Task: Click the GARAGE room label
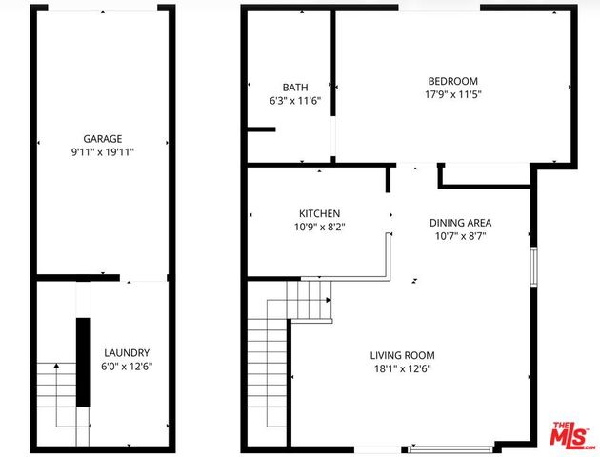(x=102, y=138)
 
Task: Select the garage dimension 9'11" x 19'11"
(x=102, y=151)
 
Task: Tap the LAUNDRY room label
(x=127, y=352)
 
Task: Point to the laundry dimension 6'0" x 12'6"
(x=127, y=366)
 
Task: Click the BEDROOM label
(x=452, y=81)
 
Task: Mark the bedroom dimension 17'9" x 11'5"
(x=452, y=94)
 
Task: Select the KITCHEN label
(x=319, y=213)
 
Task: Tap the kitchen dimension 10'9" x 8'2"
(x=319, y=227)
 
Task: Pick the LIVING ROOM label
(x=402, y=355)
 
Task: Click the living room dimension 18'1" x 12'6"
(x=402, y=368)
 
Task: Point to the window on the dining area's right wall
(x=534, y=266)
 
